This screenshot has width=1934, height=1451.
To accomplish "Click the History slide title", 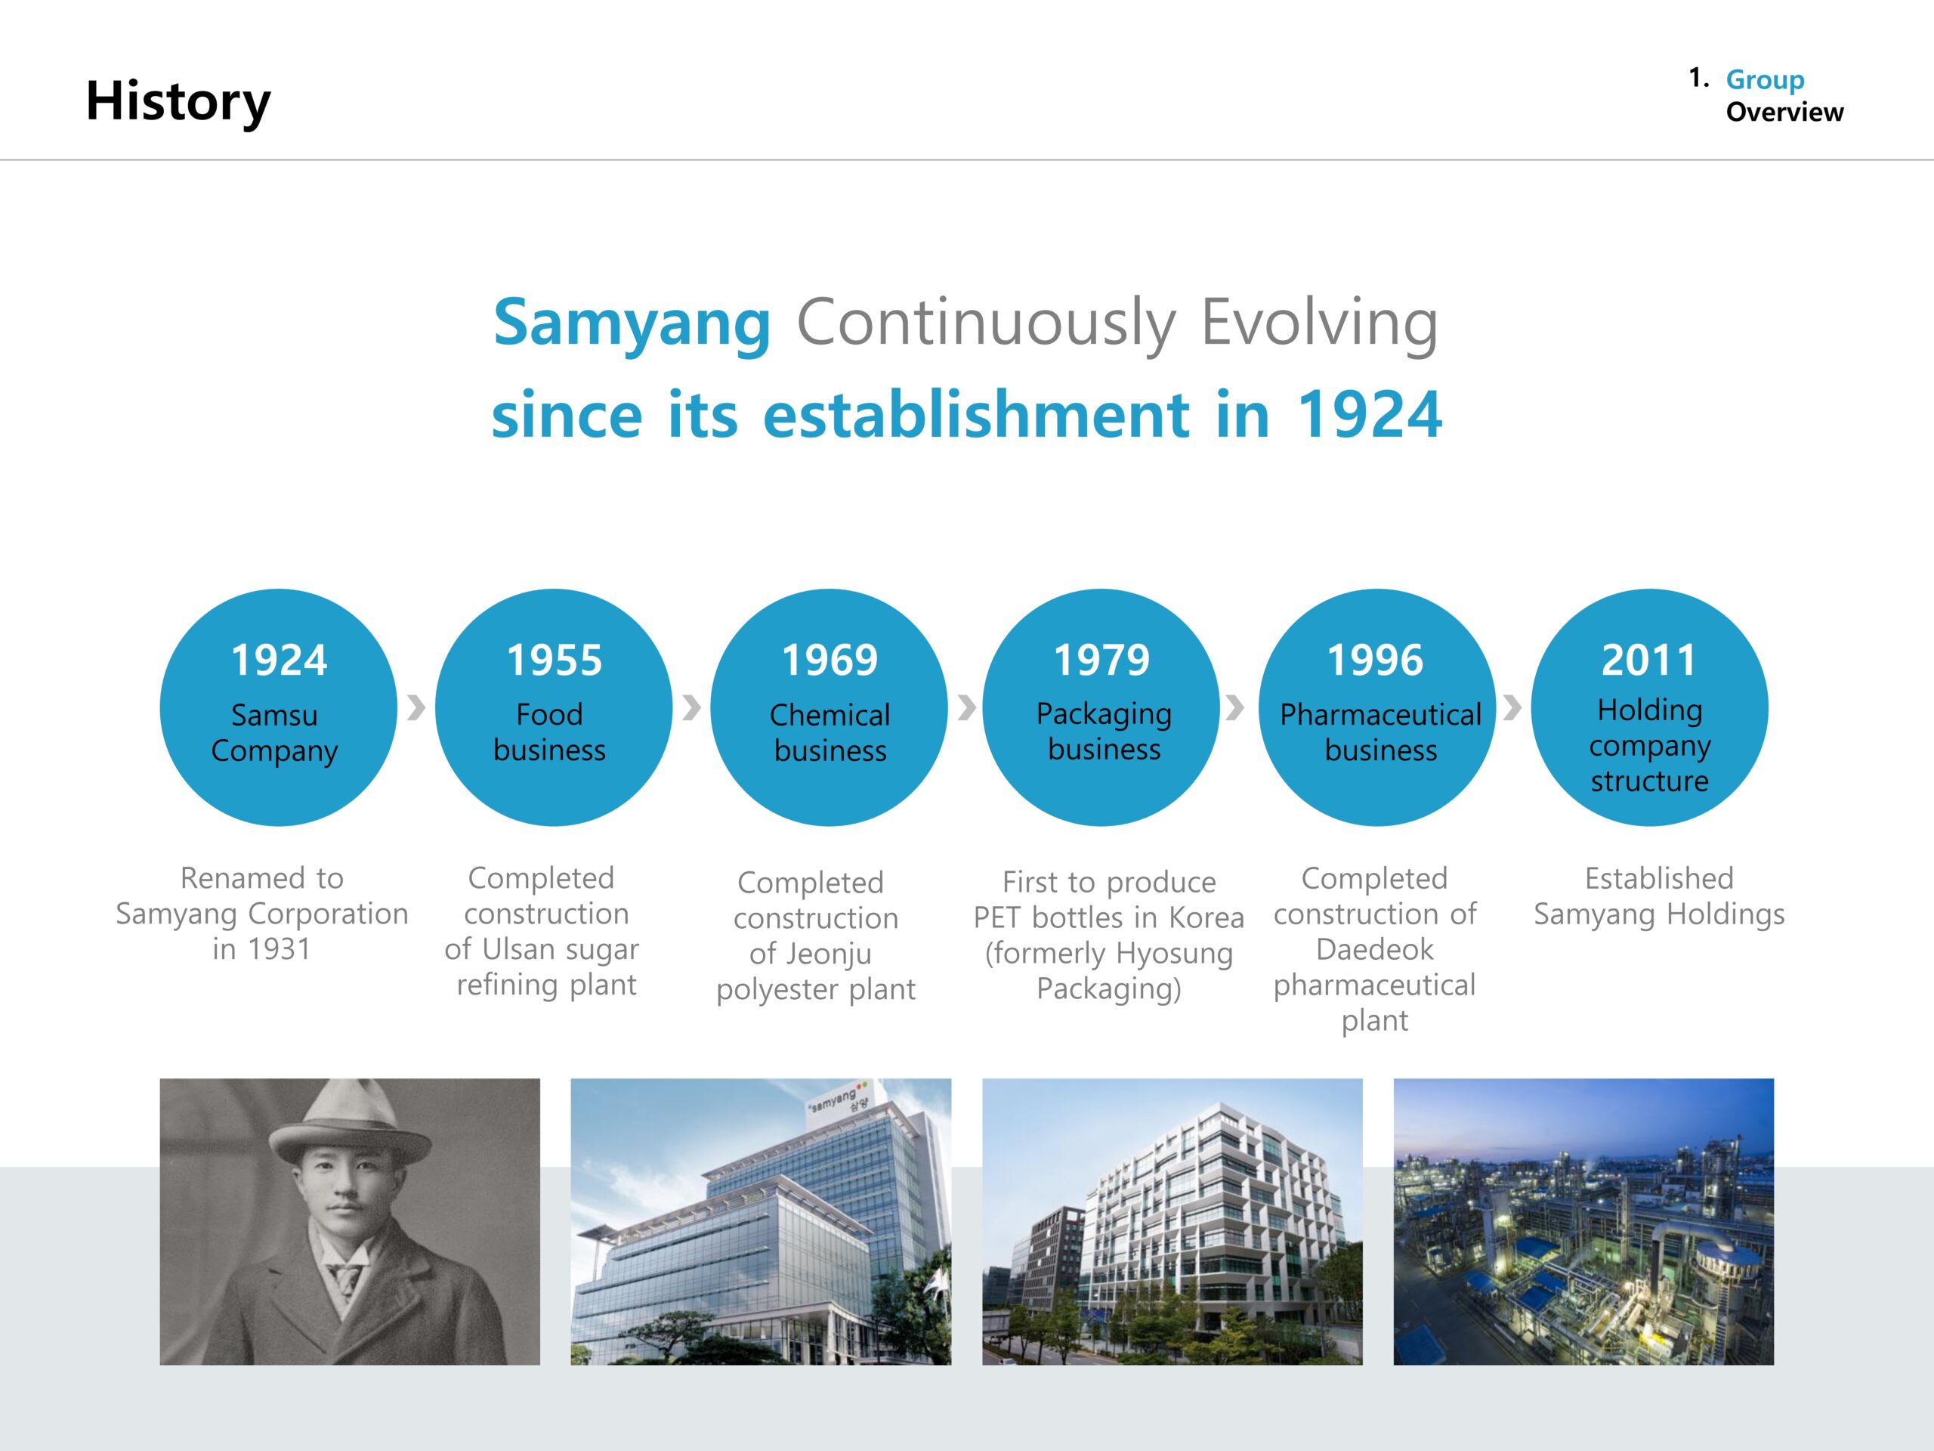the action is point(178,102).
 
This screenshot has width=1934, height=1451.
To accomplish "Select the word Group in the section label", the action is point(1764,80).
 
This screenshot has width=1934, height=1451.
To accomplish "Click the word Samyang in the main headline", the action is point(632,323).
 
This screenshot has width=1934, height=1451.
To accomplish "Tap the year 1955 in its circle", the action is point(555,660).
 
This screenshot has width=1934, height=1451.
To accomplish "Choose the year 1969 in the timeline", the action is point(830,660).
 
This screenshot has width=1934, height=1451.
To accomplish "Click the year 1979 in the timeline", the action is point(1101,660).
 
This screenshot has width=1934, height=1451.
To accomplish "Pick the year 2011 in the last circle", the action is point(1649,660).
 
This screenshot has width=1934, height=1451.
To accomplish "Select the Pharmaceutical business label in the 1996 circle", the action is point(1380,732).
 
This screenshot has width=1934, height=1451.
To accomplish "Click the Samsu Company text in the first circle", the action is point(274,733).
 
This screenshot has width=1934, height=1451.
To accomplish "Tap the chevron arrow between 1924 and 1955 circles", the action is point(416,707).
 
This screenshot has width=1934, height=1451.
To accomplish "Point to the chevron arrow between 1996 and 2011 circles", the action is point(1512,707).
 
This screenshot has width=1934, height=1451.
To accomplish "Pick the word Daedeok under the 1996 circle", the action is point(1374,949).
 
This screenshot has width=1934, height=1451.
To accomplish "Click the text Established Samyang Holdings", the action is point(1658,896).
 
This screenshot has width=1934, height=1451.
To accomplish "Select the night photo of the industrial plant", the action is point(1583,1221).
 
